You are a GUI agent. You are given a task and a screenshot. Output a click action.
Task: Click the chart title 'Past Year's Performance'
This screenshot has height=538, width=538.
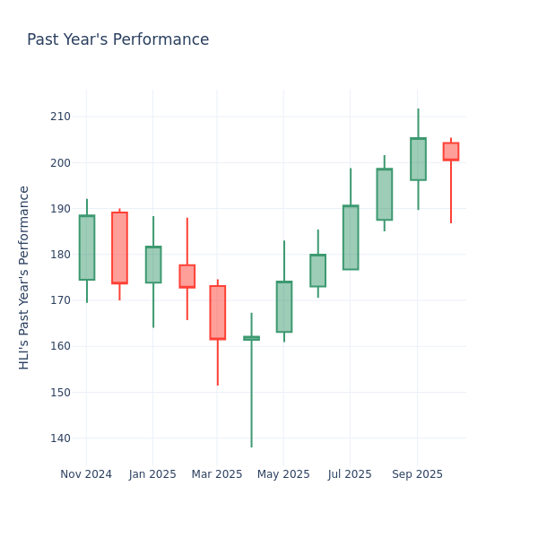(x=117, y=40)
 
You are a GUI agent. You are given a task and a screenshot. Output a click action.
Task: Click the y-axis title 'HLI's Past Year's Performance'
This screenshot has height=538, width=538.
(x=25, y=277)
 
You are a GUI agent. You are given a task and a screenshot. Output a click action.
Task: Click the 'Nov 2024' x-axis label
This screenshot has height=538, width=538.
(x=86, y=474)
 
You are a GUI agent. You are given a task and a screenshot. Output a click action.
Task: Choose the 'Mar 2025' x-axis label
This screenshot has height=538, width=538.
(x=217, y=474)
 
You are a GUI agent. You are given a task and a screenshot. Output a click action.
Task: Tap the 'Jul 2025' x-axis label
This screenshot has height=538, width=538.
(x=350, y=474)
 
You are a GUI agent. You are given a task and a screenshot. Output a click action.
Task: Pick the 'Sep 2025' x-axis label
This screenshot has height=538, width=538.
(x=417, y=474)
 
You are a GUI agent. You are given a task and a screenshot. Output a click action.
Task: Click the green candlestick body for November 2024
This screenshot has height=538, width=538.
(x=86, y=247)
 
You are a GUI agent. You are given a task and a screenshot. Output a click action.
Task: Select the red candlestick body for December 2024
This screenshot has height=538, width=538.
(x=119, y=247)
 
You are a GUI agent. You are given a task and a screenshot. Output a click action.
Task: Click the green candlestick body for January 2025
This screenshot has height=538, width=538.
(x=153, y=265)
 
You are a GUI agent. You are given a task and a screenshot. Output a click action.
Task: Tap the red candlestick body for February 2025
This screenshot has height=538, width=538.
(x=187, y=276)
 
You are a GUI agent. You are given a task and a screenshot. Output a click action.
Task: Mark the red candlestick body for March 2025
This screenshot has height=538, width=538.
(x=217, y=312)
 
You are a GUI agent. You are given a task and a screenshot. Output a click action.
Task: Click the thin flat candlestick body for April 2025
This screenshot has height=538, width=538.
(x=251, y=338)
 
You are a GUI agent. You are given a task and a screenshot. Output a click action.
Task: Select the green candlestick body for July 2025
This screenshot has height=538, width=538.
(x=351, y=238)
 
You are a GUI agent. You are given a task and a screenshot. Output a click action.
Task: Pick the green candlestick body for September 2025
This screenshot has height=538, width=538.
(x=418, y=159)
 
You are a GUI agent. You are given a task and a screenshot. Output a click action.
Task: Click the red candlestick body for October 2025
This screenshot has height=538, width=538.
(x=450, y=152)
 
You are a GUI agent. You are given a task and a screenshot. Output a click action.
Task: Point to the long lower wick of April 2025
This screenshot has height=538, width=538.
(x=251, y=395)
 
